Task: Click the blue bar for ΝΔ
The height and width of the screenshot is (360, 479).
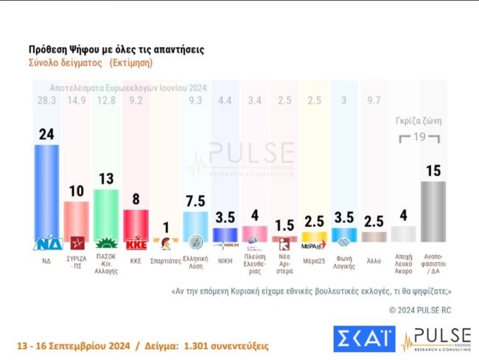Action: [x=47, y=193]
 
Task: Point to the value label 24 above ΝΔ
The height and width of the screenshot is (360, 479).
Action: [x=46, y=134]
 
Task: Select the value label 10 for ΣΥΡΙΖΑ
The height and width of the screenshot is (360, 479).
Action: [x=76, y=191]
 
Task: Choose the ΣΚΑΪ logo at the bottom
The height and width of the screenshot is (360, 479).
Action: [x=363, y=339]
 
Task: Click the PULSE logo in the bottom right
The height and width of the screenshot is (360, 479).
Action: [x=436, y=339]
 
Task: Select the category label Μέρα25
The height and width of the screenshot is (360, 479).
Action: [x=314, y=261]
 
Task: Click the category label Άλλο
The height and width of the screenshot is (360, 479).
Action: [x=373, y=261]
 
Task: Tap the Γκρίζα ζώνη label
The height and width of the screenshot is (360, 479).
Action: [x=418, y=122]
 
